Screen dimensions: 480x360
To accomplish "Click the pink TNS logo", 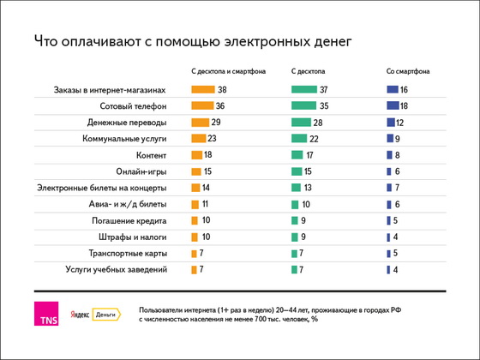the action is click(46, 314).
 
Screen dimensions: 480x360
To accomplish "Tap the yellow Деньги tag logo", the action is click(106, 315).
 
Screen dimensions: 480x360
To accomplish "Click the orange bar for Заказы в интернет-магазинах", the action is click(203, 89).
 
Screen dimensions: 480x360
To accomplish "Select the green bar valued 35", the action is click(303, 105).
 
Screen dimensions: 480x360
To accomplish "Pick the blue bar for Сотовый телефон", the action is click(393, 105).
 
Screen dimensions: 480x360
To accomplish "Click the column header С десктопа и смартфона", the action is click(228, 71).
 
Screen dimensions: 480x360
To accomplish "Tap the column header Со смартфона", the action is click(408, 71).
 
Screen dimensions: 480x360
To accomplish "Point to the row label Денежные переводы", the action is click(127, 123).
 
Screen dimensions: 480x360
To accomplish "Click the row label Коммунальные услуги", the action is click(124, 139).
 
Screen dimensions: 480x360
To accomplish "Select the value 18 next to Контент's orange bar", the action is click(207, 154).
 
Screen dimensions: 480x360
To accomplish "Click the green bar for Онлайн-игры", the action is click(297, 171).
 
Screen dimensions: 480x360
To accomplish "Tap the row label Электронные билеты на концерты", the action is click(102, 188).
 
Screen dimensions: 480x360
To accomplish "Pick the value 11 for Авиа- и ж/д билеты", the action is click(205, 204).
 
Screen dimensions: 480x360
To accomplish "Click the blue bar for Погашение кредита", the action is click(388, 220).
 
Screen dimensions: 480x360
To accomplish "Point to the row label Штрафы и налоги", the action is click(133, 237).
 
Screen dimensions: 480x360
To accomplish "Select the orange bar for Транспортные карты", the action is click(194, 254).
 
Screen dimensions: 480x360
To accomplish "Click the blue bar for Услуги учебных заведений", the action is click(388, 270).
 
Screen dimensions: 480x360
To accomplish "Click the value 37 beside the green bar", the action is click(324, 90).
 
